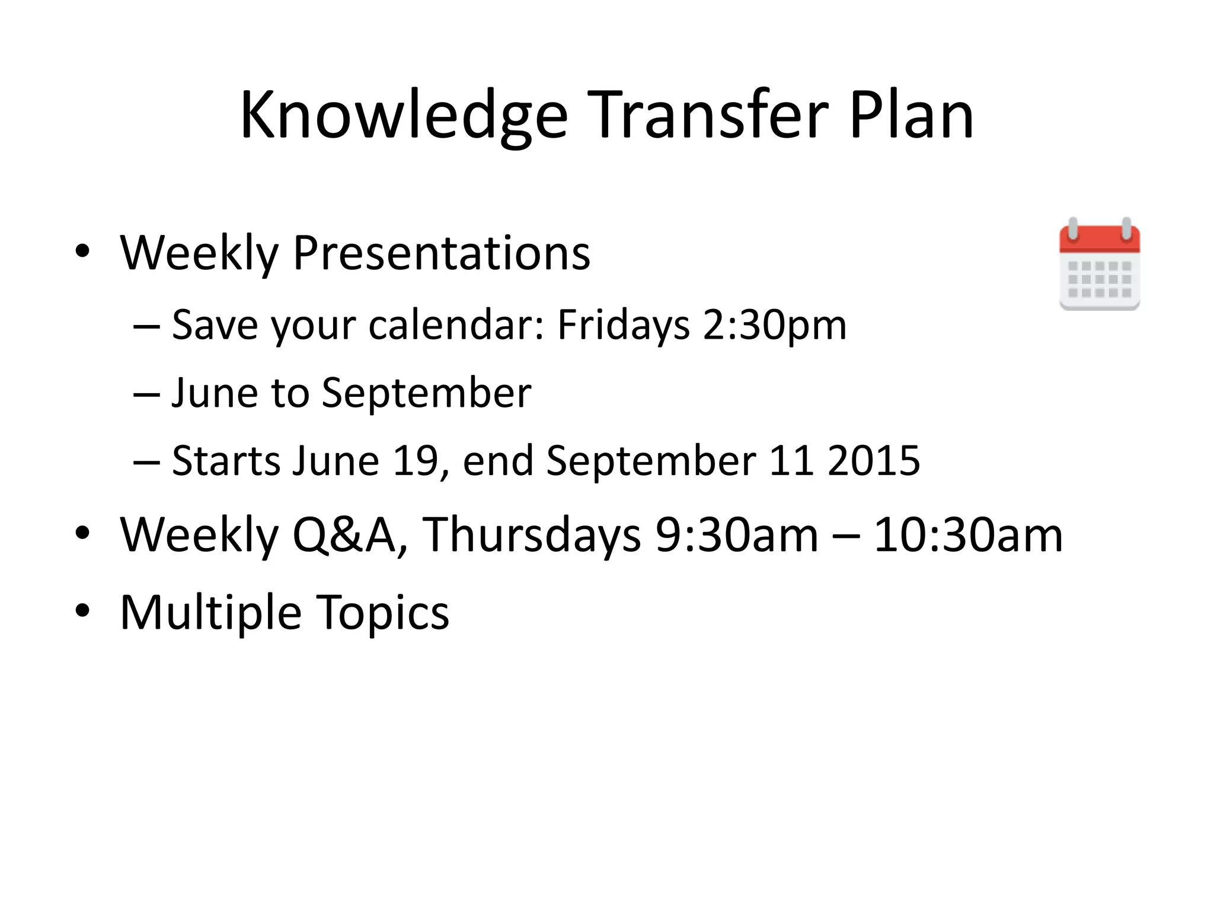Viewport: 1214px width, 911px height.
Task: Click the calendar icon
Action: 1099,265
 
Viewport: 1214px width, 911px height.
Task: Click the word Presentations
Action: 442,253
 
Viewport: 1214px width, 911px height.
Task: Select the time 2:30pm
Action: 774,325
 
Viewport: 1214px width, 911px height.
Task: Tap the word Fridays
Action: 623,325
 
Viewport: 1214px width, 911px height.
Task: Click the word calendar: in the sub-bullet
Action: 456,325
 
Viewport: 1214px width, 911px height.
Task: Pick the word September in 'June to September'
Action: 426,393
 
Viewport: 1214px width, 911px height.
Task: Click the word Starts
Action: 226,461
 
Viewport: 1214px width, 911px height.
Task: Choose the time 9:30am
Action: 737,534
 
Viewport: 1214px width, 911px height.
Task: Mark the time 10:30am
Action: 968,534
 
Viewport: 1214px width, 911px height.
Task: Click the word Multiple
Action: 210,611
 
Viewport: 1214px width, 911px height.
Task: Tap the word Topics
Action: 382,611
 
